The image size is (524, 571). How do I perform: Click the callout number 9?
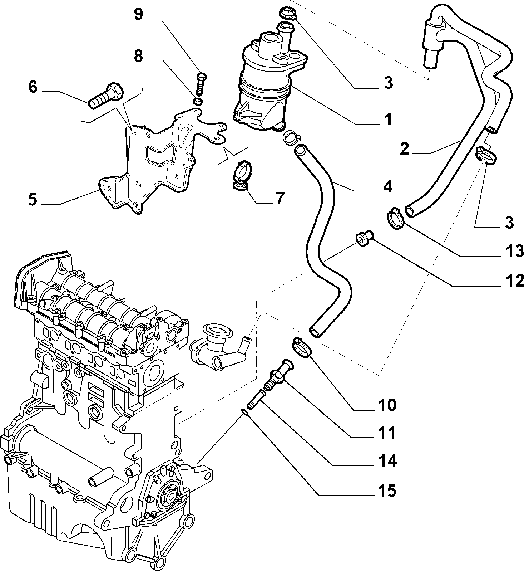coord(138,15)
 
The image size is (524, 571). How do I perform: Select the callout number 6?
coord(33,87)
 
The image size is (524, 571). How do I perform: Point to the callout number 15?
coord(387,490)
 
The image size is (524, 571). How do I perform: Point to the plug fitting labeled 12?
coord(364,239)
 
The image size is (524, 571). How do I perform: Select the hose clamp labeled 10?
coord(302,347)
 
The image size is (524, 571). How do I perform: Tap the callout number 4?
coord(387,187)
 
